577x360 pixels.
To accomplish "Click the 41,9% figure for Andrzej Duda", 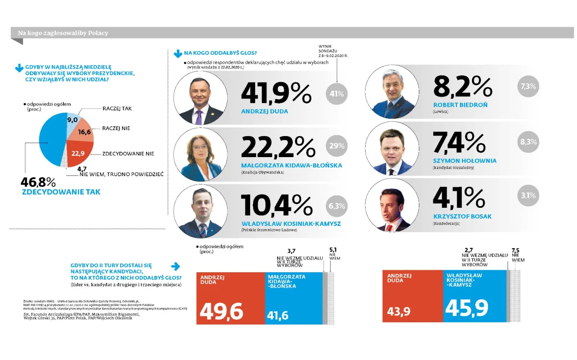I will [276, 93].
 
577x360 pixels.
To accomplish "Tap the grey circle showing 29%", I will [337, 146].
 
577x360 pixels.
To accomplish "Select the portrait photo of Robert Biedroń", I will [392, 92].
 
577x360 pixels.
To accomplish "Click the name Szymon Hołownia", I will [464, 161].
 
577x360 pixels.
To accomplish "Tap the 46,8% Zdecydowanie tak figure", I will [38, 182].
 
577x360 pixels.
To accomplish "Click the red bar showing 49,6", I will [230, 298].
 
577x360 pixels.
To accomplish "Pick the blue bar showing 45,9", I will [475, 296].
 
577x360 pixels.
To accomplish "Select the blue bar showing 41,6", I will [293, 298].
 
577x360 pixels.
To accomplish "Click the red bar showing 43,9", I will [413, 296].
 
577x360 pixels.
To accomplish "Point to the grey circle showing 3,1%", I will [528, 195].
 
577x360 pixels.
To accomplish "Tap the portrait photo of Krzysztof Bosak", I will [392, 205].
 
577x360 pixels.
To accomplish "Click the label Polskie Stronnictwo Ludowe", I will [269, 230].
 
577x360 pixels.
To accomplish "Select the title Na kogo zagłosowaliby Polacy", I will [63, 33].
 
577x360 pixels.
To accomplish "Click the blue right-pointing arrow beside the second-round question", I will [176, 266].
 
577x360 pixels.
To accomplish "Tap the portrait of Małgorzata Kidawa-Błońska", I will [201, 155].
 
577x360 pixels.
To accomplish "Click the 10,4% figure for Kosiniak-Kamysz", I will [277, 205].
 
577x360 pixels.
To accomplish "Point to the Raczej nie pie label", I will [116, 128].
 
